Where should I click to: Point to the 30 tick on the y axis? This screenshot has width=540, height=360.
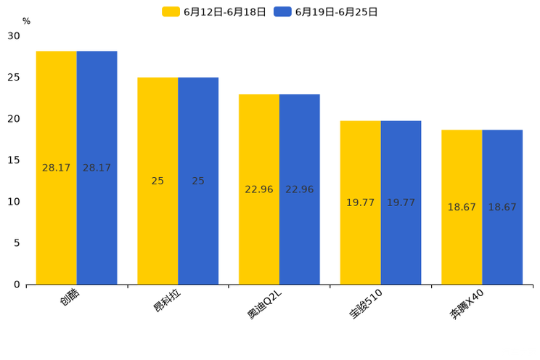[x=14, y=36]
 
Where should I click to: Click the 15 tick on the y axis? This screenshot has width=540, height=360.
[x=14, y=160]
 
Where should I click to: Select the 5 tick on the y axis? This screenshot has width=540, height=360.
[x=17, y=243]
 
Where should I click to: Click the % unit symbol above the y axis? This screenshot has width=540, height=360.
[x=26, y=21]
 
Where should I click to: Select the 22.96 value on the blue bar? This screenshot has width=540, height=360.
[x=299, y=189]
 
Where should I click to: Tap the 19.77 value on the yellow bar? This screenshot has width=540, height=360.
[x=360, y=202]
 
